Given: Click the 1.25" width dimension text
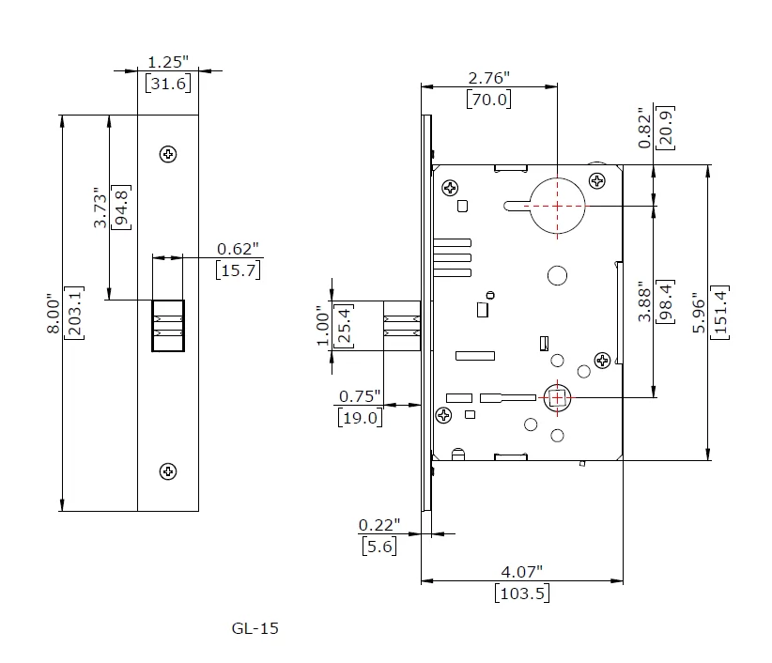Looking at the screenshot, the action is pyautogui.click(x=168, y=62).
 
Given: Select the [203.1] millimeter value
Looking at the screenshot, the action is pyautogui.click(x=74, y=313).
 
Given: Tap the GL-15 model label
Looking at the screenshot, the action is pyautogui.click(x=255, y=628).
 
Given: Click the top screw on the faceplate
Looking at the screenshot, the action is pyautogui.click(x=168, y=154).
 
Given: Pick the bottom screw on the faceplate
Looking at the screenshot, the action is pyautogui.click(x=168, y=471).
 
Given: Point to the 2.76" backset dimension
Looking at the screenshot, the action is pyautogui.click(x=489, y=78).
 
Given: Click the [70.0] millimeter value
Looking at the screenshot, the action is pyautogui.click(x=489, y=99).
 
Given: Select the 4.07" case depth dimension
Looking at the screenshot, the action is pyautogui.click(x=522, y=572).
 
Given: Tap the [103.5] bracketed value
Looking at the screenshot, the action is pyautogui.click(x=522, y=593).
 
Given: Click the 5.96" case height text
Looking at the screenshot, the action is pyautogui.click(x=699, y=313).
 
